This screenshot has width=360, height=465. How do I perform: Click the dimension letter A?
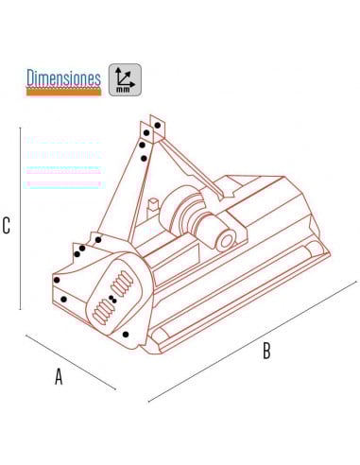59,376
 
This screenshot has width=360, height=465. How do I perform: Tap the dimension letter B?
266,351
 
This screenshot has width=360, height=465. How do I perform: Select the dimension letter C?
6,226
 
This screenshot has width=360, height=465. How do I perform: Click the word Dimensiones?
63,77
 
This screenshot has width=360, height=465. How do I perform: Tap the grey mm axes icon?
125,80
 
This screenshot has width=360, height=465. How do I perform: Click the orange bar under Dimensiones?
63,92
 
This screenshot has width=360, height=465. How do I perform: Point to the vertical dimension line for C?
21,218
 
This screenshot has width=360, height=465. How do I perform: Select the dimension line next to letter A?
71,362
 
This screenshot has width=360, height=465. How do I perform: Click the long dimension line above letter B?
252,341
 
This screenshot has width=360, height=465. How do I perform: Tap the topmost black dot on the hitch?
158,126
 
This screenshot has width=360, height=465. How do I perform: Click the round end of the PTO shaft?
226,241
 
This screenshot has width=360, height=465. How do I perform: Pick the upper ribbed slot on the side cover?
122,284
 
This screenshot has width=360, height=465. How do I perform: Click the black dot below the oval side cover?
126,335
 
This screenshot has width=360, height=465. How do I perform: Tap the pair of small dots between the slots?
112,300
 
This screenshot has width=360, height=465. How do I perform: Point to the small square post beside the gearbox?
153,204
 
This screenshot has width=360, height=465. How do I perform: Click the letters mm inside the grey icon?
123,90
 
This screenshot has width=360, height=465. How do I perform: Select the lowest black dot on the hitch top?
144,159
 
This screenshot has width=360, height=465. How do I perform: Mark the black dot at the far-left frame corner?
57,280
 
